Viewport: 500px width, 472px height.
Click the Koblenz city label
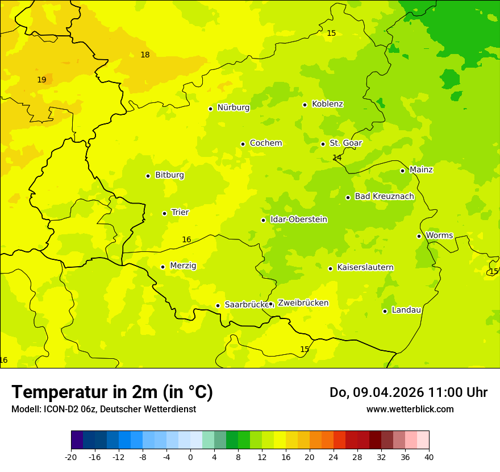pyautogui.click(x=327, y=104)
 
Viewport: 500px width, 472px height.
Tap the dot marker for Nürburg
pyautogui.click(x=210, y=109)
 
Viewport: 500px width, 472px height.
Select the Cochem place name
pyautogui.click(x=265, y=143)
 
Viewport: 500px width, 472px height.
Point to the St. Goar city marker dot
pyautogui.click(x=323, y=144)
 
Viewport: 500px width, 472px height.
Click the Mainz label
pyautogui.click(x=421, y=170)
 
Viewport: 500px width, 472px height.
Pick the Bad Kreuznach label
pyautogui.click(x=384, y=197)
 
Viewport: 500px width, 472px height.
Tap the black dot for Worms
pyautogui.click(x=419, y=236)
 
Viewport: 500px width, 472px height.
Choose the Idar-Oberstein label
pyautogui.click(x=298, y=220)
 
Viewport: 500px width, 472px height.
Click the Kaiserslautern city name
pyautogui.click(x=365, y=268)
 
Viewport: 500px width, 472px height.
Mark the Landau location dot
pyautogui.click(x=385, y=311)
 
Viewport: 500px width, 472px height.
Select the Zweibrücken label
pyautogui.click(x=303, y=303)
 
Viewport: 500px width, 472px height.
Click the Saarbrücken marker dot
pyautogui.click(x=218, y=305)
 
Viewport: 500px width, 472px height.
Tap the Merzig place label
pyautogui.click(x=183, y=266)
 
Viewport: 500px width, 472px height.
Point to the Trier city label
pyautogui.click(x=180, y=213)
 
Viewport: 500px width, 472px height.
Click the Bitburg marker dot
pyautogui.click(x=148, y=176)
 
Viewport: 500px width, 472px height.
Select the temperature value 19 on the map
pyautogui.click(x=41, y=80)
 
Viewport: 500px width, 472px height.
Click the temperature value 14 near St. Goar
pyautogui.click(x=337, y=158)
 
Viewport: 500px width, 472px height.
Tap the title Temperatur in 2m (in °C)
pyautogui.click(x=112, y=392)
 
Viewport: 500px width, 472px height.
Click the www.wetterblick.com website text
pyautogui.click(x=410, y=409)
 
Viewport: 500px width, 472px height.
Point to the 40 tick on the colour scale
pyautogui.click(x=429, y=457)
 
